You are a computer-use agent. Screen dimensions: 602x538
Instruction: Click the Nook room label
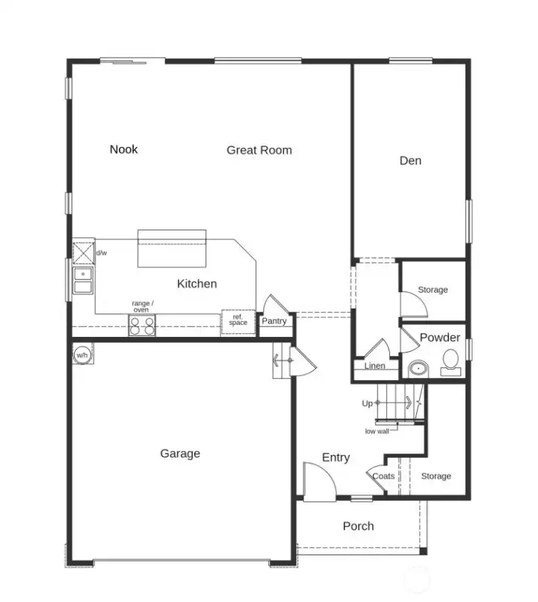point(124,149)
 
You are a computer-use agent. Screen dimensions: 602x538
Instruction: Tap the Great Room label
point(259,150)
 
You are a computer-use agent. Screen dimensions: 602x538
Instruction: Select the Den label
point(410,161)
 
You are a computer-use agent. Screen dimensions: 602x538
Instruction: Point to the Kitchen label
point(197,284)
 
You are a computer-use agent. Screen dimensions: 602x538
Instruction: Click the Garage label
point(180,453)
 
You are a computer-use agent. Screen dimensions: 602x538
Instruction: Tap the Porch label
point(358,526)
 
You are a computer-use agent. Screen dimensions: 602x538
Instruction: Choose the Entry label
point(336,458)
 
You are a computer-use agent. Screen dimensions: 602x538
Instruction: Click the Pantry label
point(273,321)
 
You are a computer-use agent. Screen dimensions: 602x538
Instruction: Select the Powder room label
point(439,338)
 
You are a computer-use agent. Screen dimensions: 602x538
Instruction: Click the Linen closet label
point(375,366)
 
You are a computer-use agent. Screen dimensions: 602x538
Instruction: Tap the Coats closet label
point(383,477)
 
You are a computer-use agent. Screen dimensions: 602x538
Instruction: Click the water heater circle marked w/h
point(81,356)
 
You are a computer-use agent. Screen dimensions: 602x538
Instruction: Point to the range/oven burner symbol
point(142,326)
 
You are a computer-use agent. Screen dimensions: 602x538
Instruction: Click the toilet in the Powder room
point(451,361)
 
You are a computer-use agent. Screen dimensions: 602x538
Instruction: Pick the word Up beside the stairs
point(367,403)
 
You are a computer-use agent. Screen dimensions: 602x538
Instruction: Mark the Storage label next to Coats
point(436,477)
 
